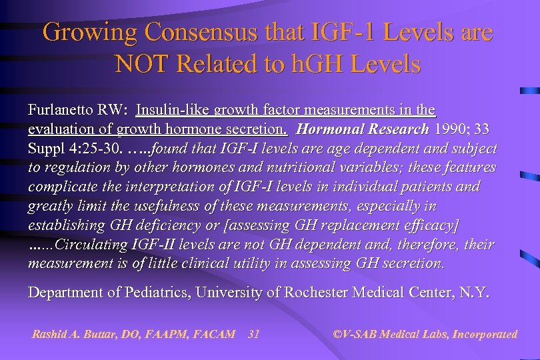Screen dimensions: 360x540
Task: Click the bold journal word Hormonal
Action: (329, 129)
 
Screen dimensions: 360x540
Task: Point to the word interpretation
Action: (181, 187)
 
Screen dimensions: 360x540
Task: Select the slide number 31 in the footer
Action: (253, 334)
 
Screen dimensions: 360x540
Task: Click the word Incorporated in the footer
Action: (485, 334)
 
